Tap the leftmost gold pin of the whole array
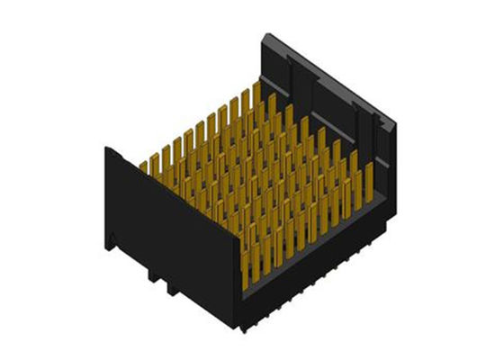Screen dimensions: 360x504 point(143,167)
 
